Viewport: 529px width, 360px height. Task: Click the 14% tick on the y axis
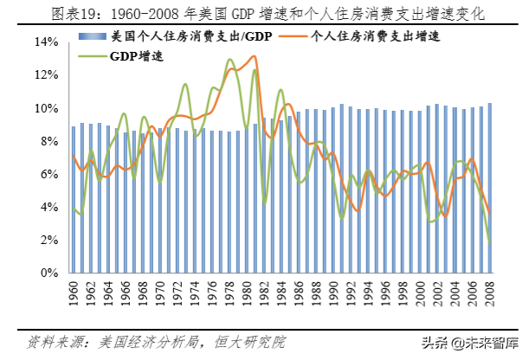(x=46, y=42)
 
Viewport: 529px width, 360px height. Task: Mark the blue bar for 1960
(x=74, y=199)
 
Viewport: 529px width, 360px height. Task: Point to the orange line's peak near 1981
(x=254, y=56)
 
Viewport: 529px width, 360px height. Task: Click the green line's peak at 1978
(x=229, y=60)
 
